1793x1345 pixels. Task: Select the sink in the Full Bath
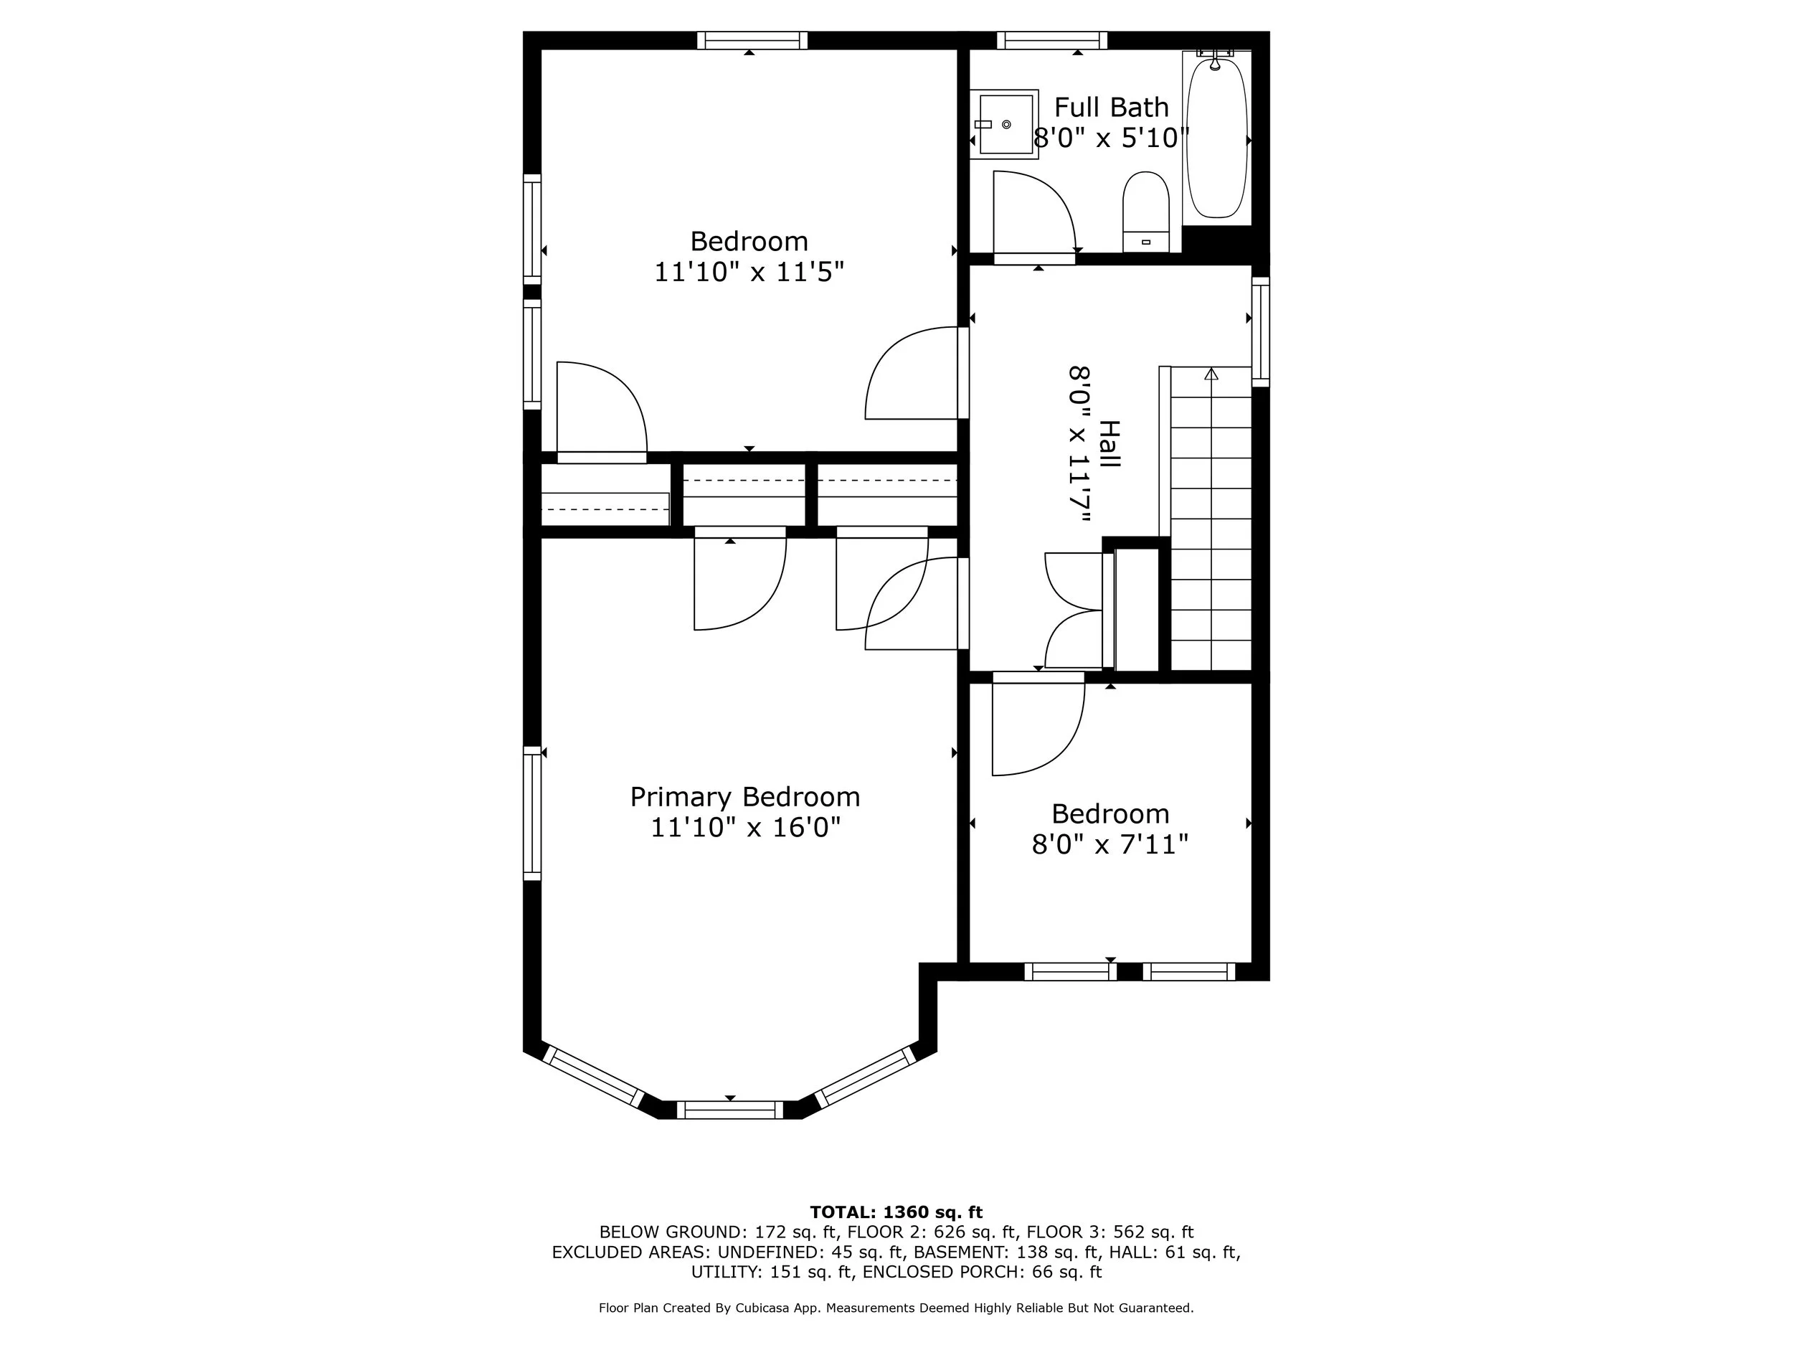coord(1006,124)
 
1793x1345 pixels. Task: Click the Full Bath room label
coord(1112,107)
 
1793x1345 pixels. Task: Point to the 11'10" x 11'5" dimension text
coord(749,272)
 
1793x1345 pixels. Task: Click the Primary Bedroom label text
coord(745,797)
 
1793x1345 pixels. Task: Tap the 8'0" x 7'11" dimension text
coord(1110,845)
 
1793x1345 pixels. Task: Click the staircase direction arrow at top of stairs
coord(1211,374)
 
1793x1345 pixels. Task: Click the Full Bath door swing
coord(1033,212)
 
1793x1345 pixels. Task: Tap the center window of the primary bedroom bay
coord(729,1110)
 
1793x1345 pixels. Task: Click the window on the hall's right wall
coord(1260,331)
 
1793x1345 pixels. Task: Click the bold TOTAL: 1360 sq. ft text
coord(896,1212)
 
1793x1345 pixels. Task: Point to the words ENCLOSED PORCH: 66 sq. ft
coord(982,1272)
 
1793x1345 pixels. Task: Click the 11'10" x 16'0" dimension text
coord(745,828)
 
